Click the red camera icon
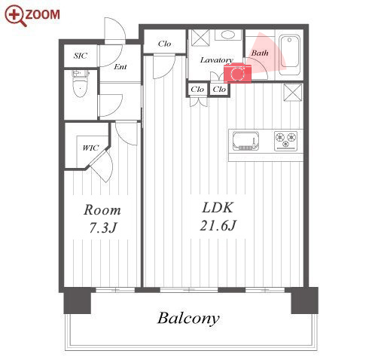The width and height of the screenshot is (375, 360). (237, 73)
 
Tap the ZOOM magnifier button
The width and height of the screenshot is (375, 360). (32, 15)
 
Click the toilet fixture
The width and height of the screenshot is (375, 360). (81, 84)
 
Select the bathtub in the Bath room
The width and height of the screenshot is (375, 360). (290, 56)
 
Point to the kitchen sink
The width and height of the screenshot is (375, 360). (245, 141)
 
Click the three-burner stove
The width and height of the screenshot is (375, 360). (285, 141)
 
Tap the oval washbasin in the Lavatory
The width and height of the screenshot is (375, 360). (228, 35)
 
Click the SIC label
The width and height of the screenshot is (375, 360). (81, 56)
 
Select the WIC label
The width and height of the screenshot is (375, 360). (90, 148)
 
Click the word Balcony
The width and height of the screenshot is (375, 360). (188, 319)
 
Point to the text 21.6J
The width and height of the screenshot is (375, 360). (218, 225)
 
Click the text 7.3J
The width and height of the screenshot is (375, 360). (103, 228)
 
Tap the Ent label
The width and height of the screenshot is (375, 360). (120, 67)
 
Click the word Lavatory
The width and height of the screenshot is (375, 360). (217, 60)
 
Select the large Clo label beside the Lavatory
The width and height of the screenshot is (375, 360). (164, 44)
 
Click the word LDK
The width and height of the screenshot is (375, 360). (218, 208)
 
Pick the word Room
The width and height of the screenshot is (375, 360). (102, 210)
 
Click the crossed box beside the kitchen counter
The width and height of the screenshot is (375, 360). (292, 93)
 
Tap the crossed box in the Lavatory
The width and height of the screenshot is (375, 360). (200, 38)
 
